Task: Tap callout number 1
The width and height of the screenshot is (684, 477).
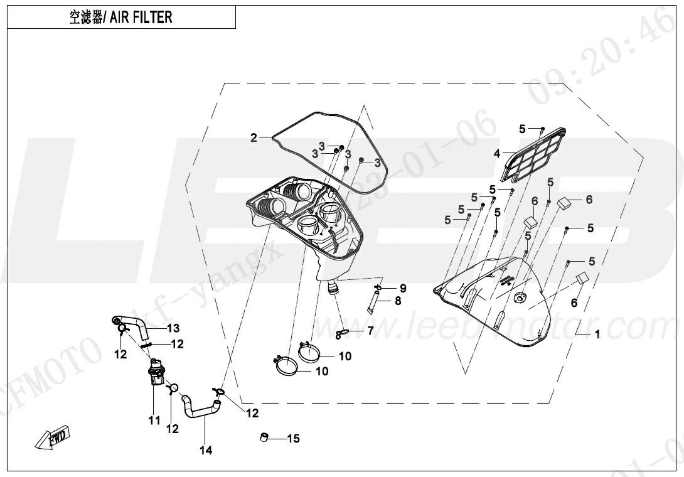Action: [x=597, y=335]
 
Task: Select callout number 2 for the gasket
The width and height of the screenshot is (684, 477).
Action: [x=254, y=138]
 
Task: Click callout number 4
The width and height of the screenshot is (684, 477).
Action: [x=496, y=153]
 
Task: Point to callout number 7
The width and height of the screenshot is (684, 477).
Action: [x=370, y=330]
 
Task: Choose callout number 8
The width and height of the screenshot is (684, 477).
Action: [x=397, y=301]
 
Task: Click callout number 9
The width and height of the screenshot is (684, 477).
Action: [x=403, y=288]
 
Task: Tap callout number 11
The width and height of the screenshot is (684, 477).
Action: [x=154, y=421]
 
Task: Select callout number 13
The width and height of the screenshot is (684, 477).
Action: [x=173, y=328]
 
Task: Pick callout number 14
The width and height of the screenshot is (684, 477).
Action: [x=206, y=450]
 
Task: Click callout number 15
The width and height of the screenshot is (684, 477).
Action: [x=293, y=439]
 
